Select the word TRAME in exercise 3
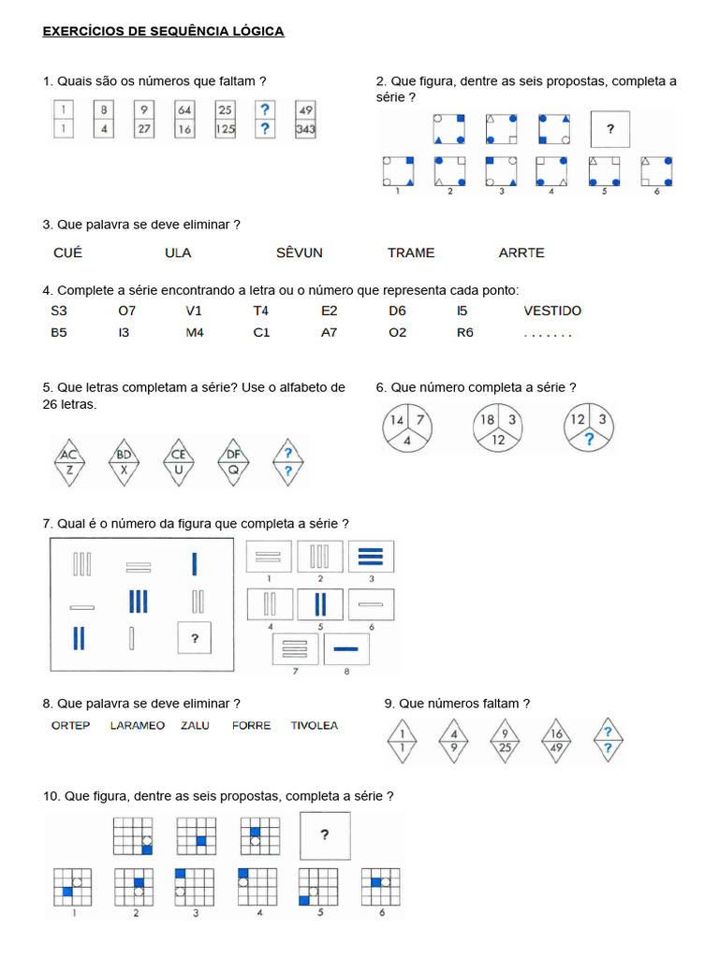[411, 253]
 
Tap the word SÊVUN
[300, 253]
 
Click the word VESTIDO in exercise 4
[552, 311]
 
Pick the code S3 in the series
[59, 311]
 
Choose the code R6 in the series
[465, 332]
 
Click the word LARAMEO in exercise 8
[137, 725]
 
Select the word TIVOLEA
[315, 725]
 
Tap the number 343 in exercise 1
[305, 130]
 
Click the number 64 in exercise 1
[184, 109]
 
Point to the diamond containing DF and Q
[234, 462]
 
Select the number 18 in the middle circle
[488, 421]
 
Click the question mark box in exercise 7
[195, 639]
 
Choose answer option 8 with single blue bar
[346, 647]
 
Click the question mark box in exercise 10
[325, 835]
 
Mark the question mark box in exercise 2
[610, 129]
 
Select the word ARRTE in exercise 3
[521, 253]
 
